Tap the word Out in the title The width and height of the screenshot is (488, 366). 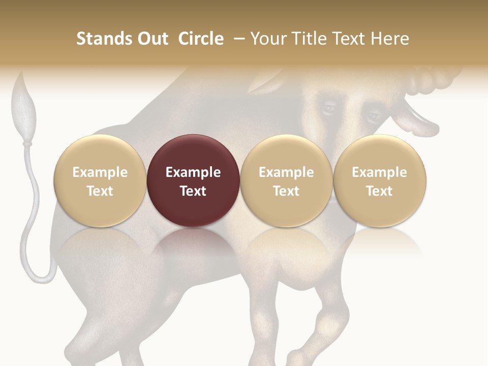tap(151, 39)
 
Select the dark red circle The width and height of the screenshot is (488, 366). tap(193, 180)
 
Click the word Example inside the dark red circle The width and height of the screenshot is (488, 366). tap(193, 172)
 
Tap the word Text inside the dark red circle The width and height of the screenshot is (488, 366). tap(193, 191)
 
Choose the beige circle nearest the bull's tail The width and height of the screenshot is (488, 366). tap(100, 180)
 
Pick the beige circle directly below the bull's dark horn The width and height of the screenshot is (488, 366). tap(380, 180)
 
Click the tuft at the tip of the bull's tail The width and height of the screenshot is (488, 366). tap(24, 109)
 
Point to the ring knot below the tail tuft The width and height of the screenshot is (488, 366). tap(26, 144)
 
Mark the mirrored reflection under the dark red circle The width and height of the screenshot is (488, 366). tap(193, 244)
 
